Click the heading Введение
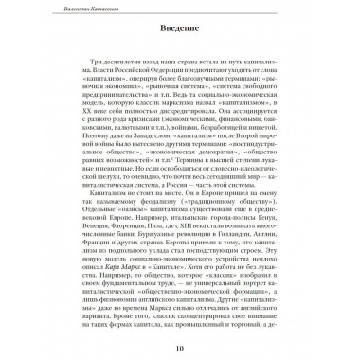coord(179,42)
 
